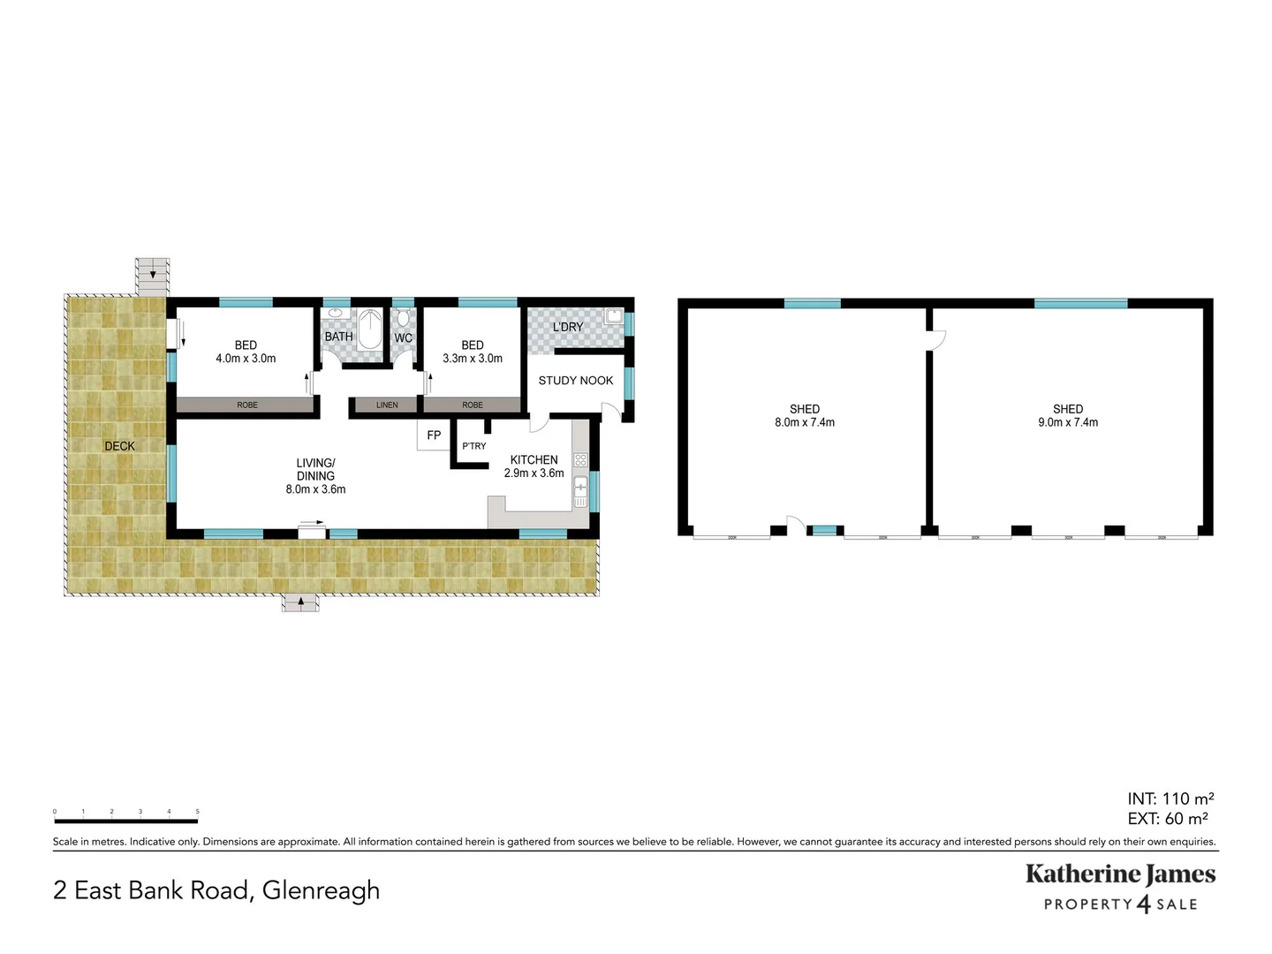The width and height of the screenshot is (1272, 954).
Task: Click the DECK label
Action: pyautogui.click(x=120, y=446)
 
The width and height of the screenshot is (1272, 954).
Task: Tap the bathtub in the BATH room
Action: pyautogui.click(x=370, y=329)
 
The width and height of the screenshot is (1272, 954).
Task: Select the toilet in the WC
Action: pyautogui.click(x=404, y=319)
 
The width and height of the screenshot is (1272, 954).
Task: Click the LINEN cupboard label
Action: pyautogui.click(x=387, y=405)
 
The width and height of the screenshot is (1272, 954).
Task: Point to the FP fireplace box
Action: pyautogui.click(x=434, y=435)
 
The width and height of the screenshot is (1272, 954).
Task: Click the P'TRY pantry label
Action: pyautogui.click(x=474, y=446)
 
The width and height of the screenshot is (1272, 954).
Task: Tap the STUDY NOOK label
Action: pyautogui.click(x=576, y=381)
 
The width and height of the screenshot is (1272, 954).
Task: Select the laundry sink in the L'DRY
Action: pyautogui.click(x=613, y=316)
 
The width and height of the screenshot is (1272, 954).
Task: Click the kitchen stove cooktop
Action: pyautogui.click(x=580, y=460)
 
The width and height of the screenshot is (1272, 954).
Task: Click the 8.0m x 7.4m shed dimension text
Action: pyautogui.click(x=805, y=422)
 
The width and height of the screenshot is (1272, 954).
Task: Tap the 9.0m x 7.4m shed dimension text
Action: pyautogui.click(x=1068, y=422)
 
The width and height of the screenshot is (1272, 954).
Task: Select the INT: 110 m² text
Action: pyautogui.click(x=1170, y=799)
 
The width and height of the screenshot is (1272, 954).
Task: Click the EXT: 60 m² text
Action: pyautogui.click(x=1168, y=819)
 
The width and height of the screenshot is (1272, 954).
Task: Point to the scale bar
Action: pyautogui.click(x=125, y=821)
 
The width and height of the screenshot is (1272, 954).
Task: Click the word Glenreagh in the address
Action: pyautogui.click(x=321, y=890)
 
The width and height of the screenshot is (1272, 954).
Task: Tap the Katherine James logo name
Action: pyautogui.click(x=1120, y=874)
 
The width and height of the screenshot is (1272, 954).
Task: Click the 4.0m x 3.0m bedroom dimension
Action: pyautogui.click(x=246, y=359)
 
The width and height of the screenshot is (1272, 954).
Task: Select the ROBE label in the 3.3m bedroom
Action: pyautogui.click(x=473, y=405)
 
